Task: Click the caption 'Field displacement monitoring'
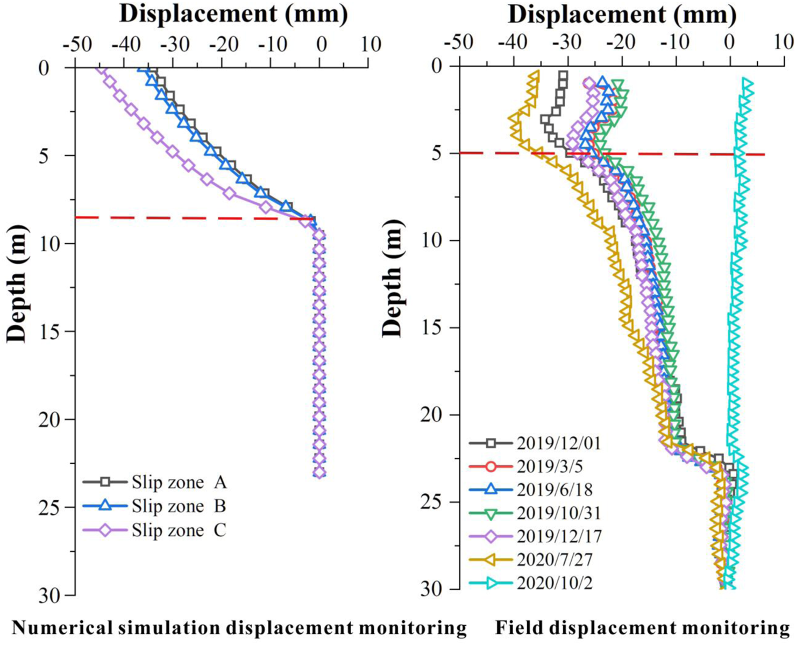click(642, 628)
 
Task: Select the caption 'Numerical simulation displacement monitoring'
click(239, 628)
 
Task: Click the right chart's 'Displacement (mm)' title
click(622, 15)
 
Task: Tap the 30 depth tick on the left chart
click(52, 595)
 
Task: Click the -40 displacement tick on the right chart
click(513, 42)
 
